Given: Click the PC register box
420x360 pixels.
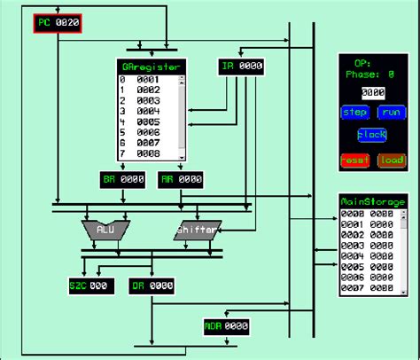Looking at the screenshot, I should [58, 24].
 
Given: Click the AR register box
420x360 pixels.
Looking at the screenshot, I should [180, 179].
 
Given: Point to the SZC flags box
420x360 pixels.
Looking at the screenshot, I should [89, 286].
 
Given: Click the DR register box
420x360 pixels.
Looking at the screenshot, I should [151, 286].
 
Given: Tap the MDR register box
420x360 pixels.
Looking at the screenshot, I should [226, 326].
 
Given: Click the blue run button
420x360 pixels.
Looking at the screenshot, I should [390, 113].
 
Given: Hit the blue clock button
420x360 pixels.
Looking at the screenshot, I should [371, 135].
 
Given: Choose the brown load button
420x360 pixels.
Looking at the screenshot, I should [391, 160].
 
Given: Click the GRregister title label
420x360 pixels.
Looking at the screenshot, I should [151, 67].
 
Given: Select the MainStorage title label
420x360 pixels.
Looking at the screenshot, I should [372, 201].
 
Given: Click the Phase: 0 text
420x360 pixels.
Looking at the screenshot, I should [371, 75].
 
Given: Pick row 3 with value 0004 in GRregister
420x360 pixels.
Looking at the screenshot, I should [147, 112].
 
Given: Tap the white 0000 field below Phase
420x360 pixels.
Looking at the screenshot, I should [371, 92].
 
